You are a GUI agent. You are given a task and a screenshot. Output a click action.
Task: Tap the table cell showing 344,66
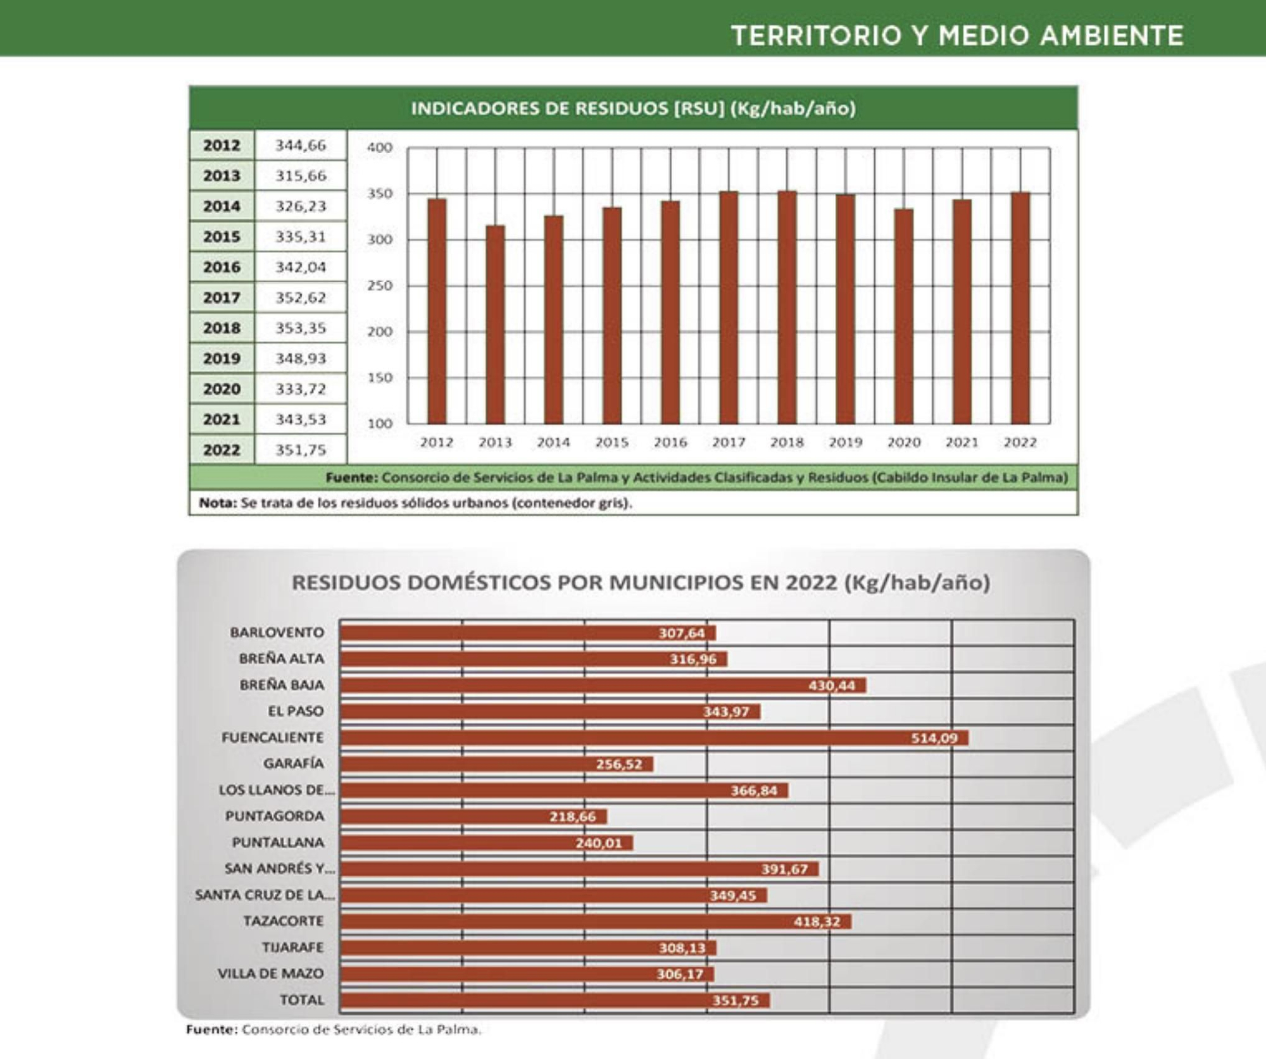pyautogui.click(x=301, y=145)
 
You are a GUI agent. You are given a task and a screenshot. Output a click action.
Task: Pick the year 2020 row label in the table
pyautogui.click(x=222, y=388)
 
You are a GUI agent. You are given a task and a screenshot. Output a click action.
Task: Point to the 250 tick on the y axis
pyautogui.click(x=380, y=285)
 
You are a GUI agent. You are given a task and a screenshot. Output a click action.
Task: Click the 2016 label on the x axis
pyautogui.click(x=670, y=442)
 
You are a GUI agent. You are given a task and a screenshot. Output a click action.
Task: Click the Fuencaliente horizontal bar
pyautogui.click(x=653, y=738)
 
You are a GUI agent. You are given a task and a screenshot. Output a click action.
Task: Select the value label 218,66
pyautogui.click(x=572, y=817)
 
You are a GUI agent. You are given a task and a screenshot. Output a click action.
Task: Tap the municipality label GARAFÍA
pyautogui.click(x=293, y=764)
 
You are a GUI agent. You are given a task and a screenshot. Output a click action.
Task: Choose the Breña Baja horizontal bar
pyautogui.click(x=603, y=685)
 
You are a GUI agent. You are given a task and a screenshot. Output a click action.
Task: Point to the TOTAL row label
pyautogui.click(x=302, y=1000)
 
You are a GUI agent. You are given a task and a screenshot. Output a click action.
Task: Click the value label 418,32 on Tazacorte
pyautogui.click(x=817, y=922)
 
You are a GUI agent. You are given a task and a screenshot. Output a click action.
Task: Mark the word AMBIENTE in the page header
pyautogui.click(x=1112, y=35)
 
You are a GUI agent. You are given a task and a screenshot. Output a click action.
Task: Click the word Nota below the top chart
pyautogui.click(x=216, y=503)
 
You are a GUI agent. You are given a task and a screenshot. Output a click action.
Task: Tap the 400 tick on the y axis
pyautogui.click(x=380, y=147)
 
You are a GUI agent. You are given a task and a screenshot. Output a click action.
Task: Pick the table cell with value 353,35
pyautogui.click(x=301, y=328)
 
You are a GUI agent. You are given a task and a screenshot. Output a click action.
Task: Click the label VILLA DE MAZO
pyautogui.click(x=270, y=974)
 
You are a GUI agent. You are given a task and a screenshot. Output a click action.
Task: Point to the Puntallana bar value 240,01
pyautogui.click(x=598, y=843)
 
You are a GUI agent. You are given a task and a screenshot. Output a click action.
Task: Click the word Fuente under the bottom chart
pyautogui.click(x=211, y=1029)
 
